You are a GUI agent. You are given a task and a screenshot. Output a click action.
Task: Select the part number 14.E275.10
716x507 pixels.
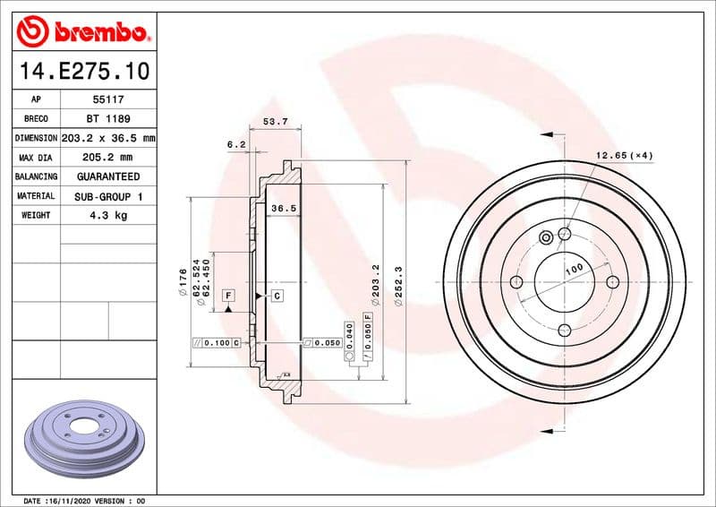coord(83,70)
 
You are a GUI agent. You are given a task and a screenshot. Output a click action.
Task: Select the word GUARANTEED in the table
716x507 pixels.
coord(107,177)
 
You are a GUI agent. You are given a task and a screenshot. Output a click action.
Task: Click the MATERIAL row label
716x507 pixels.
coord(37,196)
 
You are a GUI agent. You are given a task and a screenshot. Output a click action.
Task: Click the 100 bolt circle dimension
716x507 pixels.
coord(574,268)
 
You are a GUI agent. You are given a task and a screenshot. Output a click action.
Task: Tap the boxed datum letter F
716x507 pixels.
coord(228,295)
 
